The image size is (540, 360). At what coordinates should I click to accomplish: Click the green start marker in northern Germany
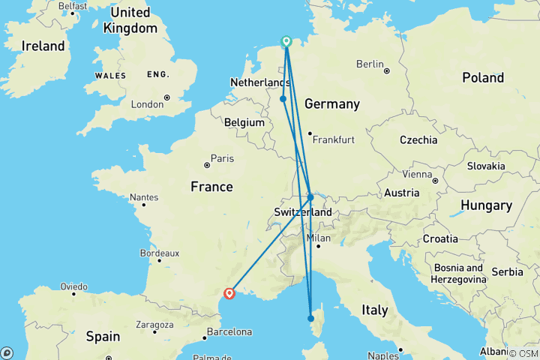286,41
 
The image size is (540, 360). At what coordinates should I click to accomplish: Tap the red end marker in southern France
229,294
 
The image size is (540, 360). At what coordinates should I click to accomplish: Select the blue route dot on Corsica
310,318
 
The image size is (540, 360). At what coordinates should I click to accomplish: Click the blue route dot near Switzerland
310,197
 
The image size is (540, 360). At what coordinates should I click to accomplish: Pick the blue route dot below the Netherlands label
283,99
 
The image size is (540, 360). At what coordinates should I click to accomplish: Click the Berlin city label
370,64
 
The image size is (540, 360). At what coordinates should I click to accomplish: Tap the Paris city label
222,158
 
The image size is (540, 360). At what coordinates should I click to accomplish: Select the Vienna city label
418,173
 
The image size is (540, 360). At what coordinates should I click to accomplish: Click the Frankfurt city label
333,140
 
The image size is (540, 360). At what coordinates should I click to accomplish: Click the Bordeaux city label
158,253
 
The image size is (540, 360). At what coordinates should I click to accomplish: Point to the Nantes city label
144,197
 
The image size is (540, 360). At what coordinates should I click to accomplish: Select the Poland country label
483,78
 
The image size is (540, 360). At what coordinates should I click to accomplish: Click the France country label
211,187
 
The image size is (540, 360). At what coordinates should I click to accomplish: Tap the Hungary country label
486,205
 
